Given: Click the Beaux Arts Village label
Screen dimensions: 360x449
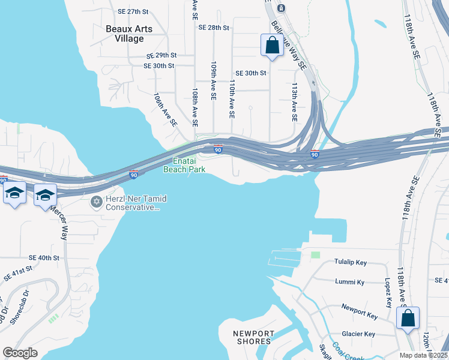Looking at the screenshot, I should (129, 34).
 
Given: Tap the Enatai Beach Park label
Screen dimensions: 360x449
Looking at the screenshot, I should (184, 165).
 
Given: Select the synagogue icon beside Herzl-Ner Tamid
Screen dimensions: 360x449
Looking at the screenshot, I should (96, 202).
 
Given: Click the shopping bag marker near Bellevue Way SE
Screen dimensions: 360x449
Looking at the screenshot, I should (272, 45).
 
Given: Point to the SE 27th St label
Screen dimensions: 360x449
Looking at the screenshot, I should (133, 11).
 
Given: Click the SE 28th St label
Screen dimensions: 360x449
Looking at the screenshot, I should (214, 28).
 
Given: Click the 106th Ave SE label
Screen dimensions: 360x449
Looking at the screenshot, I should (166, 109).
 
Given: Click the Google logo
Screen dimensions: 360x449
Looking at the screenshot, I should (20, 353).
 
